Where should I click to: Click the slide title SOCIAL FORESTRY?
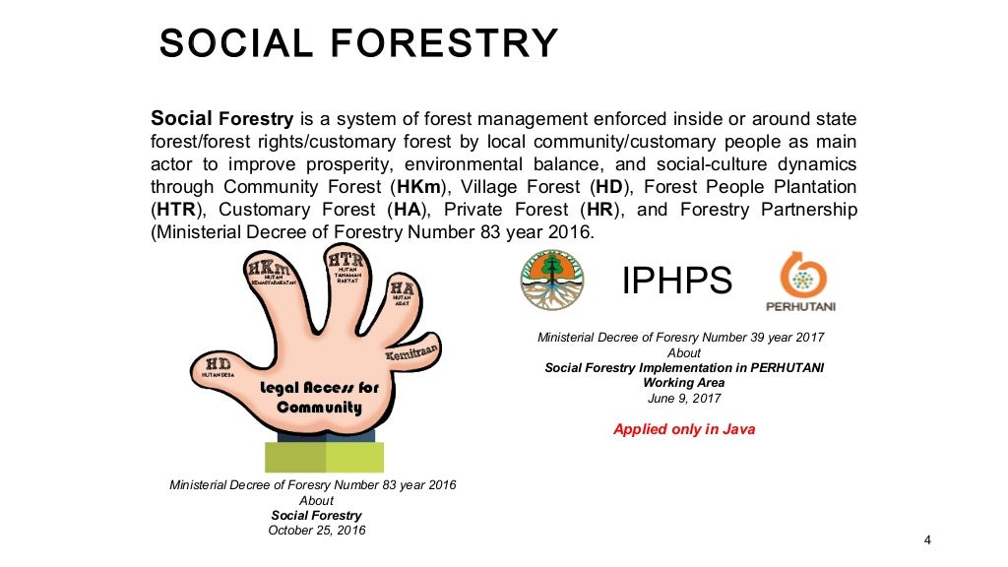click(358, 43)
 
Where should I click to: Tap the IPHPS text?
click(677, 281)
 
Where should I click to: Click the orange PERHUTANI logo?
click(800, 282)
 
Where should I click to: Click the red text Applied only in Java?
click(684, 429)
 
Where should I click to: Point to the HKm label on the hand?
click(269, 269)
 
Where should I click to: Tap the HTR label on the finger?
click(346, 261)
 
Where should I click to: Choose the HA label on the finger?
click(401, 289)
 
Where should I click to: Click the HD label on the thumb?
click(218, 365)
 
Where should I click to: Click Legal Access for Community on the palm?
click(318, 397)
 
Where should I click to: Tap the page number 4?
click(927, 538)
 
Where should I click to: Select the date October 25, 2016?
click(316, 531)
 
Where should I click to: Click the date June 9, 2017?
click(684, 399)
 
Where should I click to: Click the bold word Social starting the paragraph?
click(181, 118)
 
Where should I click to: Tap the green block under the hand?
click(324, 458)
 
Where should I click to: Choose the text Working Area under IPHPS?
click(684, 383)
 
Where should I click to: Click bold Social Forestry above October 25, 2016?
click(316, 515)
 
